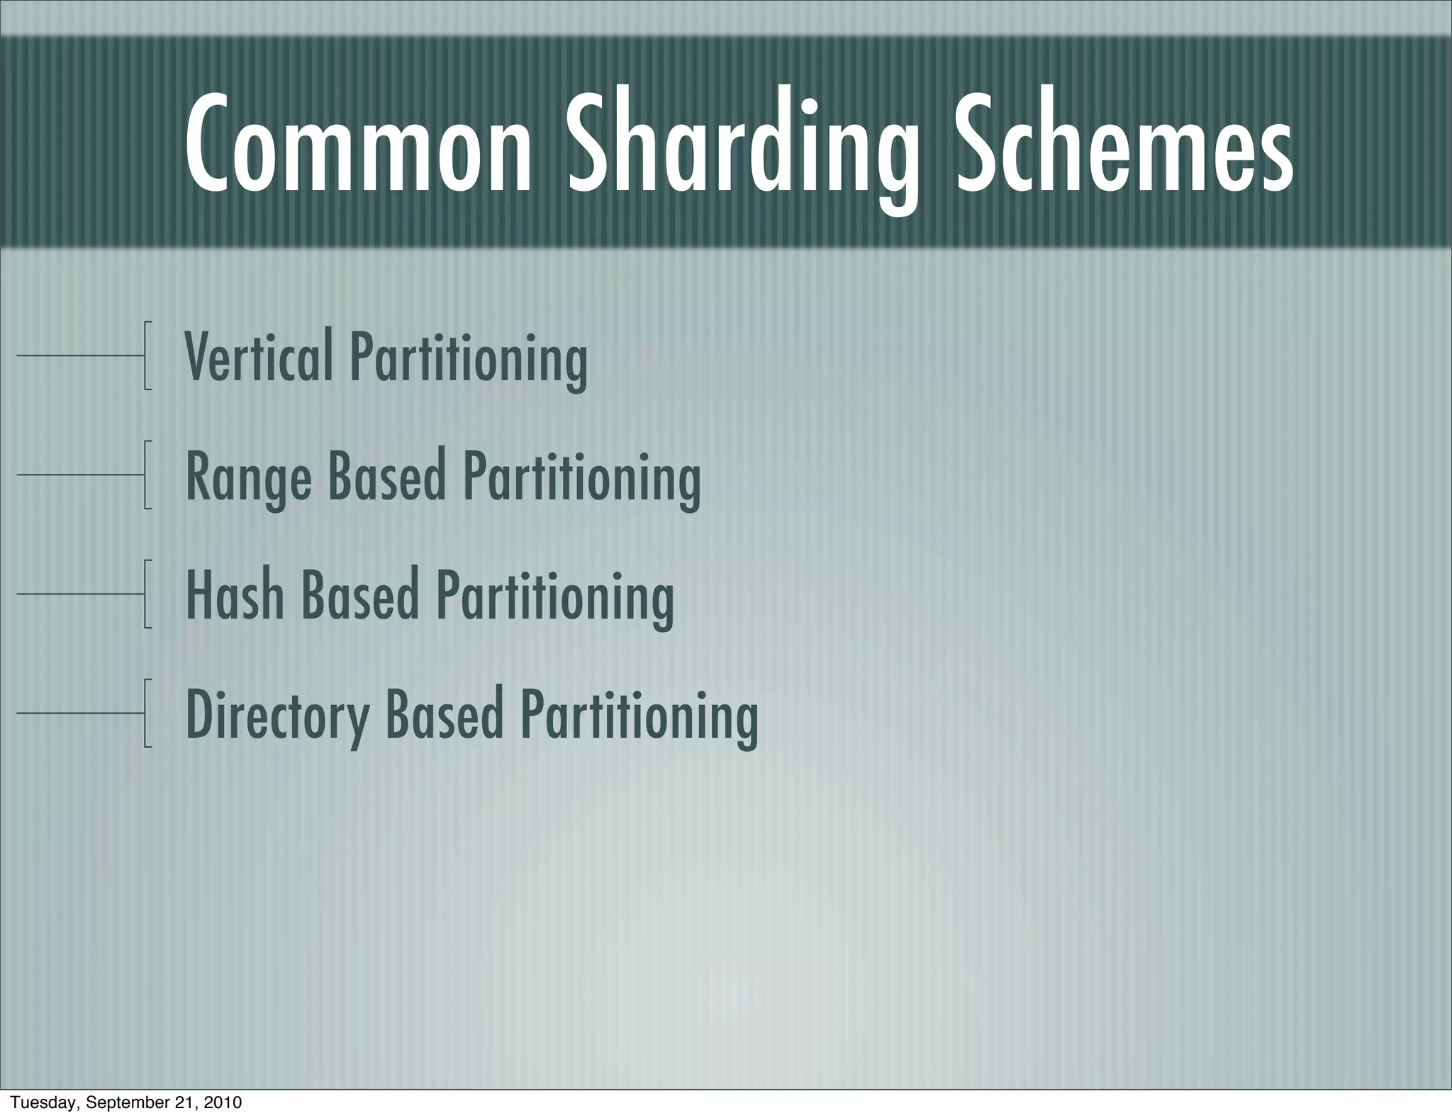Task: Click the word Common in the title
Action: (358, 145)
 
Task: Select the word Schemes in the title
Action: (1124, 145)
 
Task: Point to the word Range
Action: (248, 476)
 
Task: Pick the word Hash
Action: (235, 594)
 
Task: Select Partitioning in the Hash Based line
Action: (554, 596)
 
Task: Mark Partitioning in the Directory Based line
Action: (639, 715)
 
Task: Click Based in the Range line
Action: (386, 475)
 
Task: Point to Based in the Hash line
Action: (359, 594)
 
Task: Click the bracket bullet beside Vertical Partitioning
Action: (145, 355)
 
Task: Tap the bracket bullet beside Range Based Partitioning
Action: (145, 475)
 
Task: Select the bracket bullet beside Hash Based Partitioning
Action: (145, 594)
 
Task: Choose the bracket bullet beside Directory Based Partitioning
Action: (145, 713)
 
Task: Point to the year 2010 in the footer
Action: (222, 1102)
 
